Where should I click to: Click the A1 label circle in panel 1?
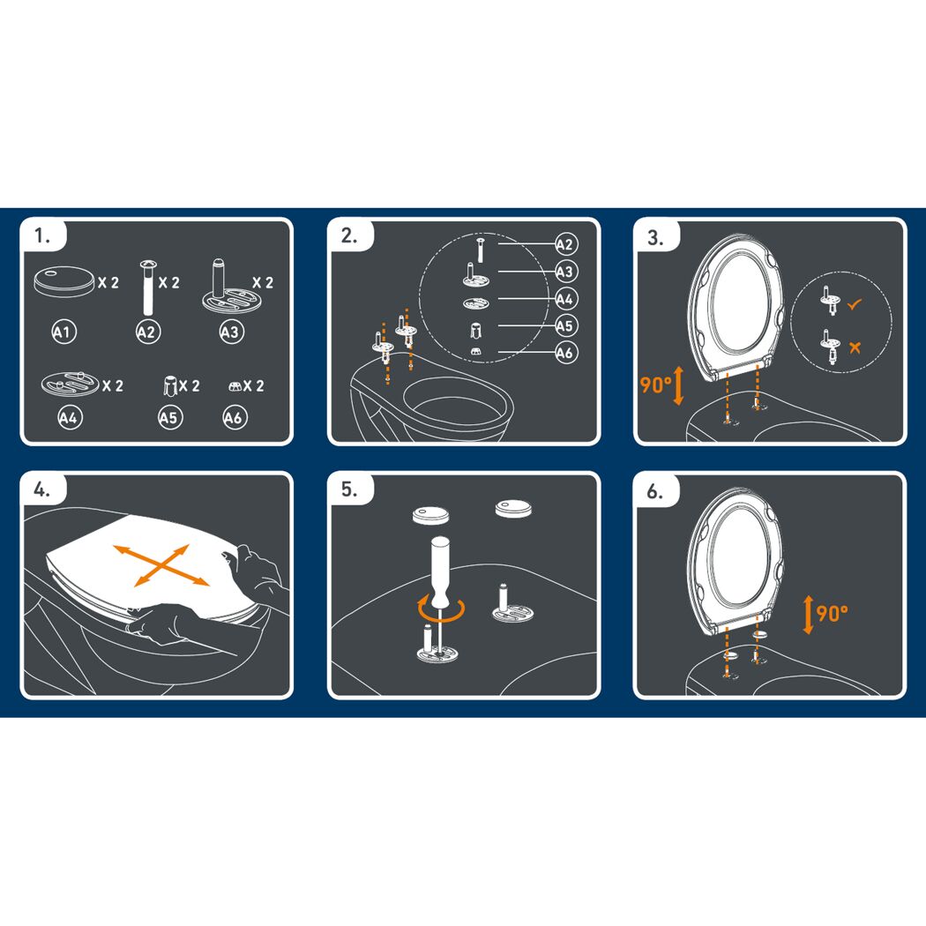click(63, 332)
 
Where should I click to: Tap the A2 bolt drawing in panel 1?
click(147, 288)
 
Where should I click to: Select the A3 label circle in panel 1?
click(231, 332)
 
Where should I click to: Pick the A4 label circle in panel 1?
click(70, 417)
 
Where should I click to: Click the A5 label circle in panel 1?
click(171, 417)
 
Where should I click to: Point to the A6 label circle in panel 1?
click(235, 417)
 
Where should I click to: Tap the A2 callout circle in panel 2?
click(566, 244)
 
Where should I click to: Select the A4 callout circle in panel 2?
click(566, 299)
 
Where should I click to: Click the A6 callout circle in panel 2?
click(566, 353)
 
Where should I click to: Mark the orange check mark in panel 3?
click(855, 304)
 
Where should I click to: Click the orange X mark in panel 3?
click(855, 347)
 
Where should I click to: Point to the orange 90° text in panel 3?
click(655, 385)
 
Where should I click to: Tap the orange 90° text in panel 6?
click(833, 614)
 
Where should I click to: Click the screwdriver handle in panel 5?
click(440, 571)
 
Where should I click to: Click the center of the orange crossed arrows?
click(161, 566)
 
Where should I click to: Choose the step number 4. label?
click(41, 489)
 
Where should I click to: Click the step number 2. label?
click(349, 235)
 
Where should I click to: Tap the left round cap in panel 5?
click(431, 514)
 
